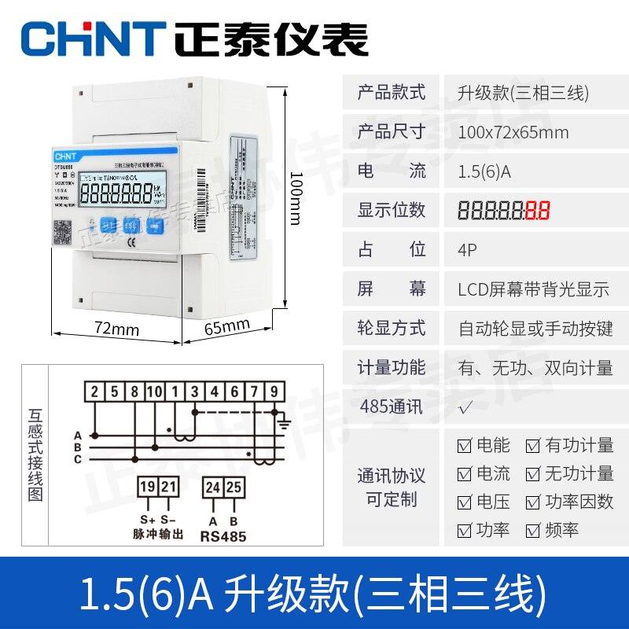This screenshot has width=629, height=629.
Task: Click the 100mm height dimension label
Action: click(296, 197)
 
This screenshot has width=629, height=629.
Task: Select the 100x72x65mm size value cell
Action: click(513, 131)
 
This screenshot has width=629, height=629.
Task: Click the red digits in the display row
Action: click(538, 211)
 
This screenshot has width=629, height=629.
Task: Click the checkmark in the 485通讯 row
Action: click(465, 407)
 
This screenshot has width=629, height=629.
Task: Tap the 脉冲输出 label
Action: click(157, 535)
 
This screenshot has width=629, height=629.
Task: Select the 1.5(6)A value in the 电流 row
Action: click(484, 171)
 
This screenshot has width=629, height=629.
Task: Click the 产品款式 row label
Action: click(391, 92)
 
